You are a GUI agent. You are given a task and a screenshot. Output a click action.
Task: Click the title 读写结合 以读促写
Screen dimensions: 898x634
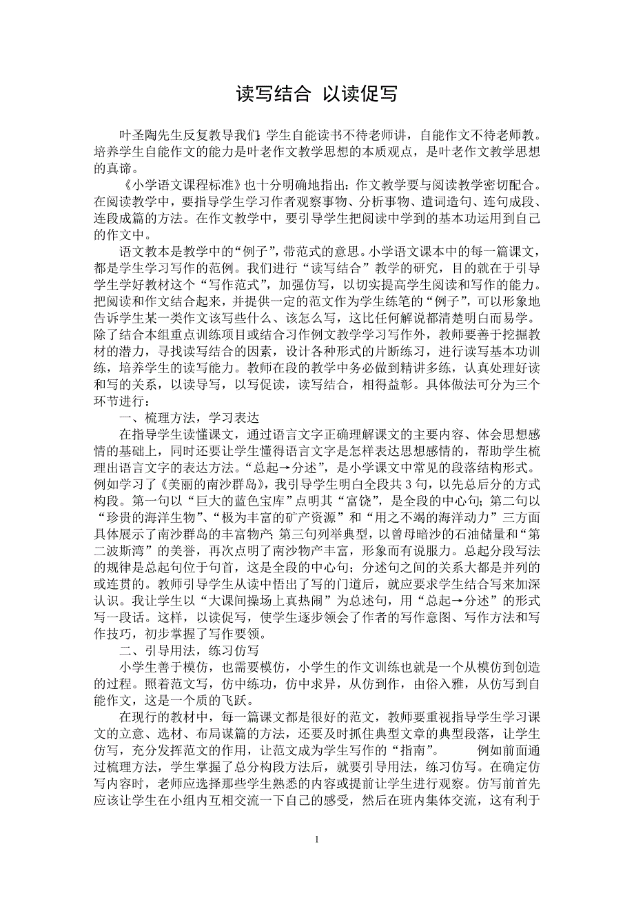[316, 94]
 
